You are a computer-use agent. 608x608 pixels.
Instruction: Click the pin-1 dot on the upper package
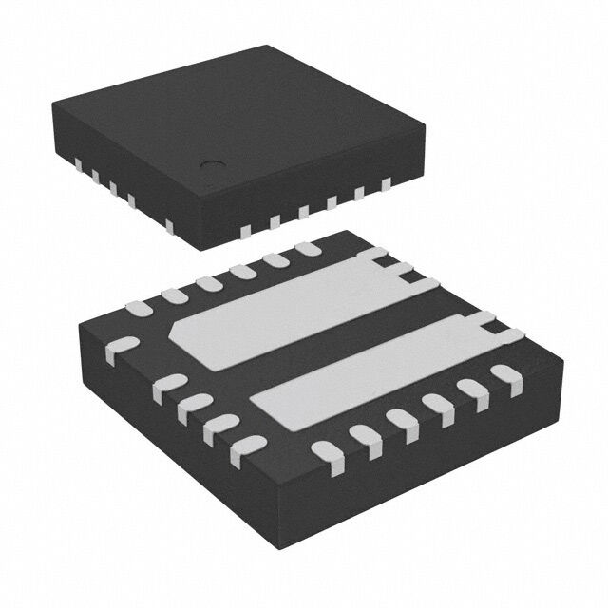(207, 165)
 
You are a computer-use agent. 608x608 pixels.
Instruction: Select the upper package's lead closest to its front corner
(245, 229)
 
